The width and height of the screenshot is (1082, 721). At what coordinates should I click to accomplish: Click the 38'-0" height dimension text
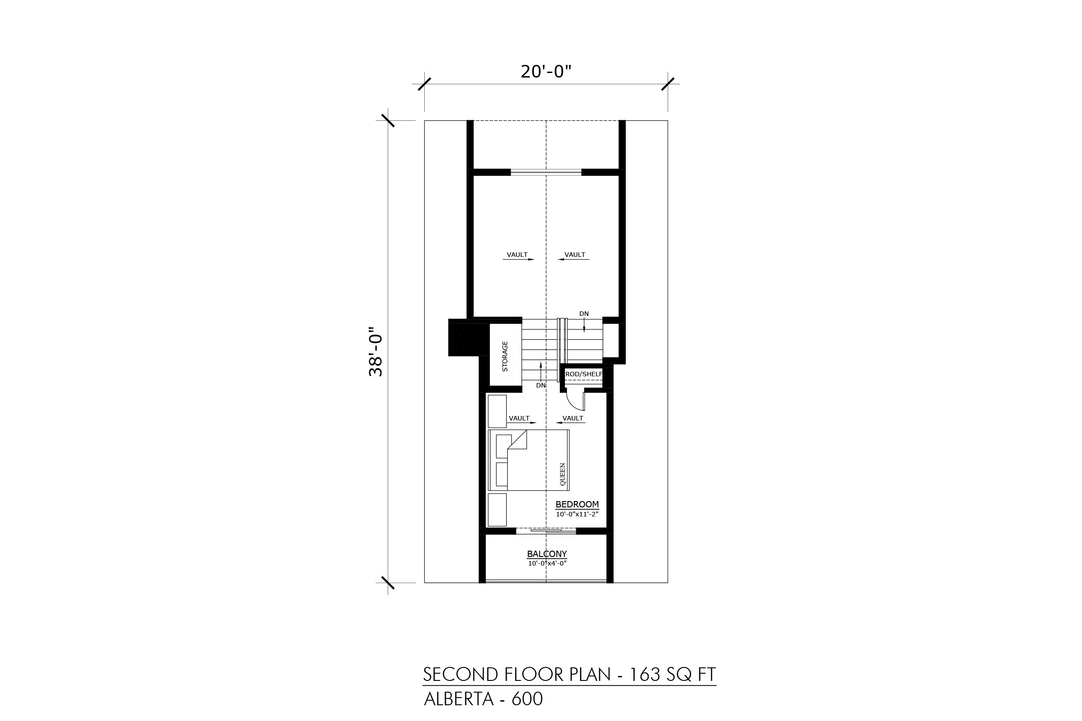click(376, 352)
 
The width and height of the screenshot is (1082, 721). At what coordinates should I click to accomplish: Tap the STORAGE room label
click(504, 356)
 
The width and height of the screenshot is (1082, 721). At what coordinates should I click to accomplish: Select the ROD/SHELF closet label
click(584, 374)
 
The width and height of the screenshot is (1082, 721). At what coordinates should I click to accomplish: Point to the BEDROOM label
click(577, 504)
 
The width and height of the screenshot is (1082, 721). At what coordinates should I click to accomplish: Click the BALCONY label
click(547, 554)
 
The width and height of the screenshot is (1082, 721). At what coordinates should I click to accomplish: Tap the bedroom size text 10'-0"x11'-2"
click(577, 514)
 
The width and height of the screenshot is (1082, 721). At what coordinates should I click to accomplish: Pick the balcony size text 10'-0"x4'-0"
click(547, 563)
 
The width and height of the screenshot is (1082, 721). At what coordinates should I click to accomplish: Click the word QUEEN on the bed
click(562, 474)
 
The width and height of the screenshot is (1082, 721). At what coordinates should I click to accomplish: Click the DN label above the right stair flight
click(584, 314)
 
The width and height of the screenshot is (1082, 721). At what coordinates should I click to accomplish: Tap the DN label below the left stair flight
click(541, 385)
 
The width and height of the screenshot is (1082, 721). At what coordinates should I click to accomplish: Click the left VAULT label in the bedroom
click(519, 419)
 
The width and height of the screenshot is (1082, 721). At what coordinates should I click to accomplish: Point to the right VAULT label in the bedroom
click(573, 419)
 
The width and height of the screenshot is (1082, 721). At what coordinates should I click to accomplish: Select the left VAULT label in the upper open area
click(517, 255)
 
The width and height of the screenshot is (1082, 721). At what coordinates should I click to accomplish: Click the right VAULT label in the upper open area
click(575, 255)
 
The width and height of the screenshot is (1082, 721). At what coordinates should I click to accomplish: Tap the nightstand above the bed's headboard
click(497, 411)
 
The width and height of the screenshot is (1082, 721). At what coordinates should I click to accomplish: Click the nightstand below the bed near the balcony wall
click(497, 510)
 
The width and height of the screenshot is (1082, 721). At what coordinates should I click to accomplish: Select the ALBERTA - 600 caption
click(483, 699)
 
